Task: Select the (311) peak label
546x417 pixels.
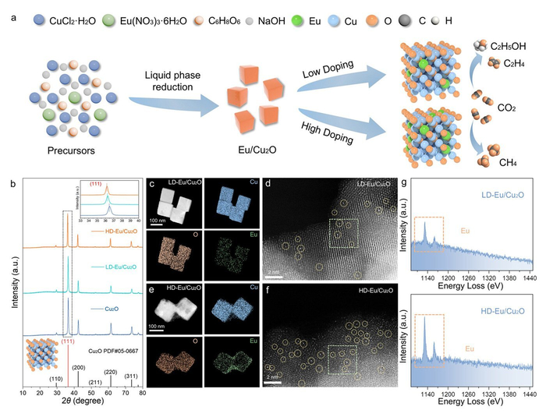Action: click(129, 377)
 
